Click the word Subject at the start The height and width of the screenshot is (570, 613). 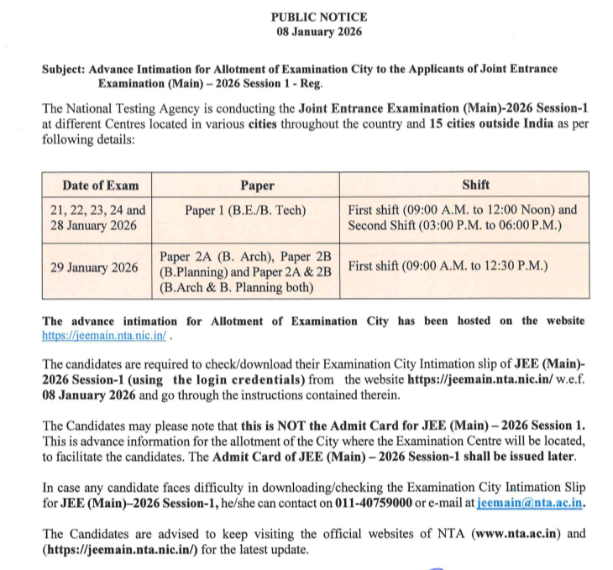[63, 70]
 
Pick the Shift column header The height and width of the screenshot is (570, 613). [475, 185]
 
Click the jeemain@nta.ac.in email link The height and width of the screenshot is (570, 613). [529, 505]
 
